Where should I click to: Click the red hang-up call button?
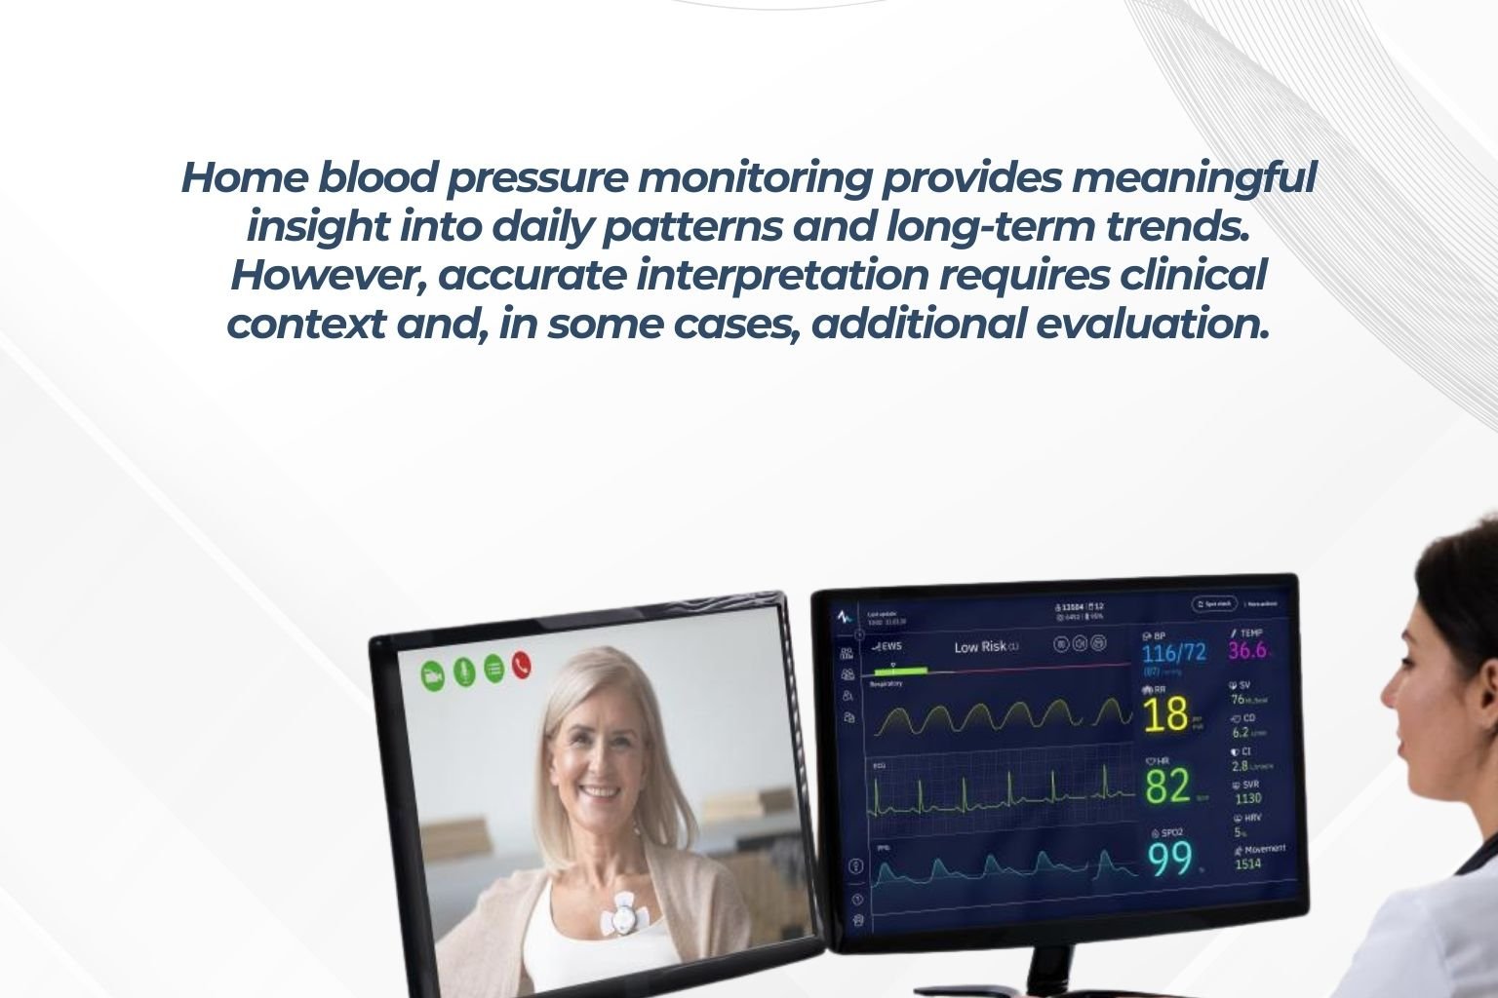522,665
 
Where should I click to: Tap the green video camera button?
432,675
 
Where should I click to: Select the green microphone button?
463,672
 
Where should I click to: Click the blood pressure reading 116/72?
1174,652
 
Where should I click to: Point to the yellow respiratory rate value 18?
1165,714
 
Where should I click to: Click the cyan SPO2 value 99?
1168,859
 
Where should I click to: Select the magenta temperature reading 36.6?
1247,650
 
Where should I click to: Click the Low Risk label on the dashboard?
981,647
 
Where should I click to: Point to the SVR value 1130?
1247,798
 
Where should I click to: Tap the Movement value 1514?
1247,864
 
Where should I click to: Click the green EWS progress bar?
901,672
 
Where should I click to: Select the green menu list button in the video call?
493,669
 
